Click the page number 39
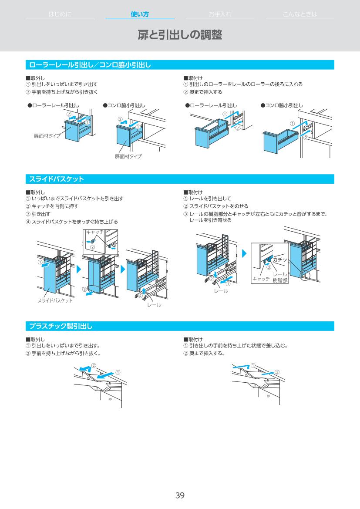180,495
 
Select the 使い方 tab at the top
140,14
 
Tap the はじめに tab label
60,14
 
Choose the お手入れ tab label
220,14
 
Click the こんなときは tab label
300,14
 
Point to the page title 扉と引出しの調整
180,35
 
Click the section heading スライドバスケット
57,179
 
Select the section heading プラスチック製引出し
61,326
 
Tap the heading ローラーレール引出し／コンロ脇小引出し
90,65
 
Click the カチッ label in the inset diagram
280,260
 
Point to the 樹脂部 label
280,281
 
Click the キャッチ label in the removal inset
95,232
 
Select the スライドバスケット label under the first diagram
55,300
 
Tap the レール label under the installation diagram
221,290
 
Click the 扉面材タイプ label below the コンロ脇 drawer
128,156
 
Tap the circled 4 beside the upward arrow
140,296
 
